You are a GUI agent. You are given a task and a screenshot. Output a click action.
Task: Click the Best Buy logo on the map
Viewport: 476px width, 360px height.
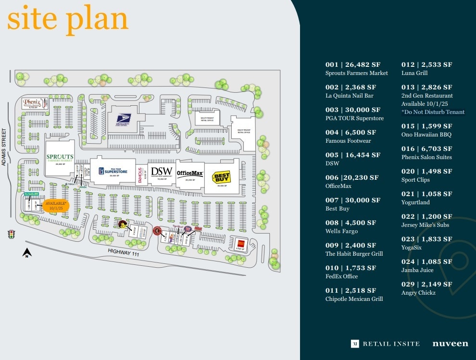(x=222, y=177)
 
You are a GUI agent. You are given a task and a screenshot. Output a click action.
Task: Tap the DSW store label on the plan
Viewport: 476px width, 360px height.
(x=161, y=172)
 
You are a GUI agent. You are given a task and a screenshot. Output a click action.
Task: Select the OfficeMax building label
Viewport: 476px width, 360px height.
(x=190, y=173)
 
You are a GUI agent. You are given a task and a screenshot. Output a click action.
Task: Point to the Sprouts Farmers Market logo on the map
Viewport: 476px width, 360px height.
(x=60, y=157)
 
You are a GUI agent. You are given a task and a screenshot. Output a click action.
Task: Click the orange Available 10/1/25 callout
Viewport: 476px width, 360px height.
(x=56, y=206)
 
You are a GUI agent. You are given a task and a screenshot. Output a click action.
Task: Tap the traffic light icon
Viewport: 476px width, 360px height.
(x=11, y=234)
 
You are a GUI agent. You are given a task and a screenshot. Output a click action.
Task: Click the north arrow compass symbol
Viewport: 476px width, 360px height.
(x=27, y=252)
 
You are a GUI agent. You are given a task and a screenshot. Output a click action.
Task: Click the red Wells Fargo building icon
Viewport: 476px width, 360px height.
(x=241, y=243)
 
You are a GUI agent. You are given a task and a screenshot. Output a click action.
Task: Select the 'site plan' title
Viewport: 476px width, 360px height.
(x=67, y=19)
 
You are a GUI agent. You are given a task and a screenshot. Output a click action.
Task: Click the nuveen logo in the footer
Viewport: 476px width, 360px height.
(x=450, y=343)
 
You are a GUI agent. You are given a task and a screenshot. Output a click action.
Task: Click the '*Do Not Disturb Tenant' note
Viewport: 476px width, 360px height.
(x=433, y=112)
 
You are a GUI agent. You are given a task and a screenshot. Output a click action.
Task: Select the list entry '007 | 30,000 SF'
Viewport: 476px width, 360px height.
(x=352, y=200)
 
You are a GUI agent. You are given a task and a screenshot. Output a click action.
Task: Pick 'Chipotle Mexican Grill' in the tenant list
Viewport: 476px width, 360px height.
(x=354, y=299)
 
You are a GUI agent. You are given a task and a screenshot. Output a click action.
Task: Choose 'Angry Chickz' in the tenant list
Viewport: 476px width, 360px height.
(x=418, y=293)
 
